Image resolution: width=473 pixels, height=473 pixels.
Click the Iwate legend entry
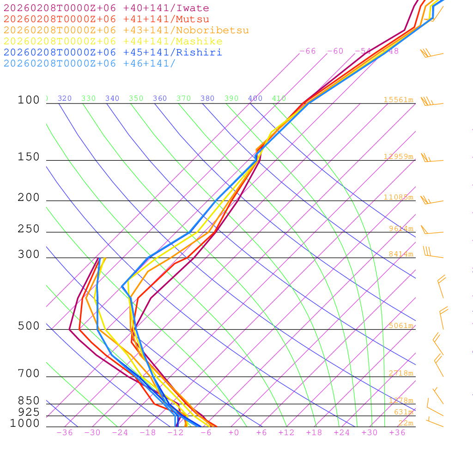click(x=106, y=8)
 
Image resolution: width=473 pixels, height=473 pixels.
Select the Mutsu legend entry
click(x=106, y=19)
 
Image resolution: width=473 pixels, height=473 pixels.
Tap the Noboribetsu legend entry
click(x=126, y=30)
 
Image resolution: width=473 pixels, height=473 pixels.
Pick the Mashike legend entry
click(x=113, y=42)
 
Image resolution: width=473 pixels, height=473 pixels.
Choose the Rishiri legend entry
click(x=113, y=53)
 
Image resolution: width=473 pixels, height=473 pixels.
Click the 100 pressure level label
click(x=29, y=100)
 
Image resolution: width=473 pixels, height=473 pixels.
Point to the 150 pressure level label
click(x=29, y=157)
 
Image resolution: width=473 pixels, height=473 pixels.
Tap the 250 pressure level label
click(x=29, y=229)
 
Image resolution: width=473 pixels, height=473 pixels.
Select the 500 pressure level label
click(x=29, y=326)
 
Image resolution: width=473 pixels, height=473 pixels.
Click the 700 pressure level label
click(x=29, y=374)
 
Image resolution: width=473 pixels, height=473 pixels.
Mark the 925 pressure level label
click(x=29, y=412)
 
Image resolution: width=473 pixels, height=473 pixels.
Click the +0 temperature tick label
click(x=234, y=433)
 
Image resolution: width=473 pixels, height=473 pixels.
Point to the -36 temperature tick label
click(x=64, y=433)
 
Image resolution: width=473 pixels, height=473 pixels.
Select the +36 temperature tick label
click(x=397, y=433)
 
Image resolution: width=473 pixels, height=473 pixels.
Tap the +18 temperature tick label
click(x=314, y=433)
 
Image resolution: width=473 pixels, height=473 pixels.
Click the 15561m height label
click(x=398, y=100)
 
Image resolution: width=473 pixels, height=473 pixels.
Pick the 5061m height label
click(x=400, y=326)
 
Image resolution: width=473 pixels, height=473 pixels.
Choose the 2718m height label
click(x=400, y=373)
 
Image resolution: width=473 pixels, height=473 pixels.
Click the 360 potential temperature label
click(x=160, y=98)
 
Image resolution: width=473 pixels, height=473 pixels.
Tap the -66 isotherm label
click(x=308, y=51)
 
